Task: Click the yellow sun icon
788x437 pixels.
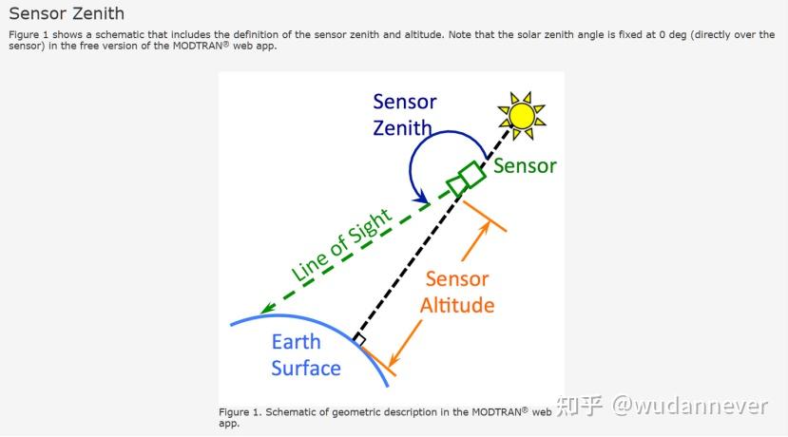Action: pos(521,114)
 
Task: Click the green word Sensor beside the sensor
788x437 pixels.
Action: pos(524,166)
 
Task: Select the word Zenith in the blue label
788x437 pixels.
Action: pos(402,127)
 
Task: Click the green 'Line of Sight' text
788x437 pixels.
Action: pos(342,246)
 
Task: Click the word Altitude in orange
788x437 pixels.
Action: pos(457,305)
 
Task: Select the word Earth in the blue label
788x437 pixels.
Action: pos(296,342)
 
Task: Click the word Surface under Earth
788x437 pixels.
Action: pos(305,369)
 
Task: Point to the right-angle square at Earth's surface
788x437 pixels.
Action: pos(358,339)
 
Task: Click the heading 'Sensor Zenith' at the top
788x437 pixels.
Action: pos(66,14)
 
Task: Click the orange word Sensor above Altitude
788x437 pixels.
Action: pos(456,279)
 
